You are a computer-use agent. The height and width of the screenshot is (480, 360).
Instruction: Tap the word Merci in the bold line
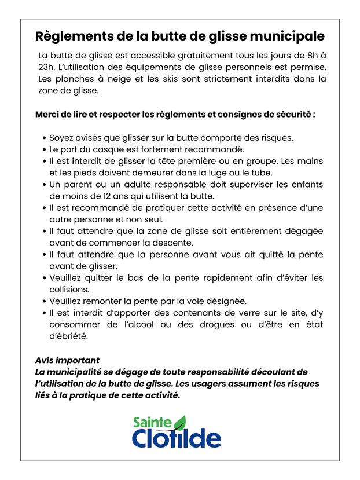coord(48,114)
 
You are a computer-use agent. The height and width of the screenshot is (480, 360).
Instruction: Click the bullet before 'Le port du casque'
coord(45,149)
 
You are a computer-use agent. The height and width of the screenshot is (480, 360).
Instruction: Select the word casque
coord(110,149)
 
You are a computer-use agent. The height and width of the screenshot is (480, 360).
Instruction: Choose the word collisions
coord(69,289)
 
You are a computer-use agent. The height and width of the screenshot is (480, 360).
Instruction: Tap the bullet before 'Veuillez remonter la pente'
coord(45,301)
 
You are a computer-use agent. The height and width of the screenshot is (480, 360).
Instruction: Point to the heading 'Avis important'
coord(67,360)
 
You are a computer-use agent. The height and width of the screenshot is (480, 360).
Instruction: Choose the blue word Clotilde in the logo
coord(176,438)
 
